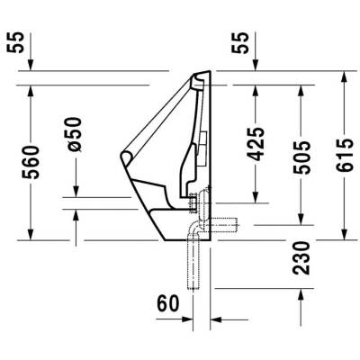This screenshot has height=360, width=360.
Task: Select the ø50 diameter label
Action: point(76,135)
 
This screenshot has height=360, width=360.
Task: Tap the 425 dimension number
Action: point(256,144)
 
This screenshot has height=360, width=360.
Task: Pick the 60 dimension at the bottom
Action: point(168,304)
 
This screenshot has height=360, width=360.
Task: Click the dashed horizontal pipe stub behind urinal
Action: point(225,223)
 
